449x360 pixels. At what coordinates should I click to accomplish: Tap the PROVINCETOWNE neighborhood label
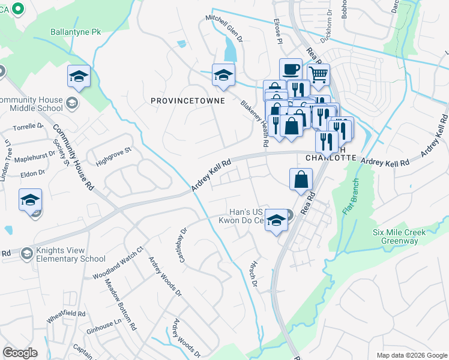(187, 101)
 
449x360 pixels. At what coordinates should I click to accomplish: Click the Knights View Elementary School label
(62, 254)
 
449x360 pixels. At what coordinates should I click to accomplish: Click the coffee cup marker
(291, 69)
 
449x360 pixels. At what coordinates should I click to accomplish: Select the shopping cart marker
(319, 75)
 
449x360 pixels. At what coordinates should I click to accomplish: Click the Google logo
(20, 353)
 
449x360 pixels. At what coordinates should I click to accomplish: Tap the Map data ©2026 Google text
(411, 355)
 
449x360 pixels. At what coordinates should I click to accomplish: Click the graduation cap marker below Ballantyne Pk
(79, 76)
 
